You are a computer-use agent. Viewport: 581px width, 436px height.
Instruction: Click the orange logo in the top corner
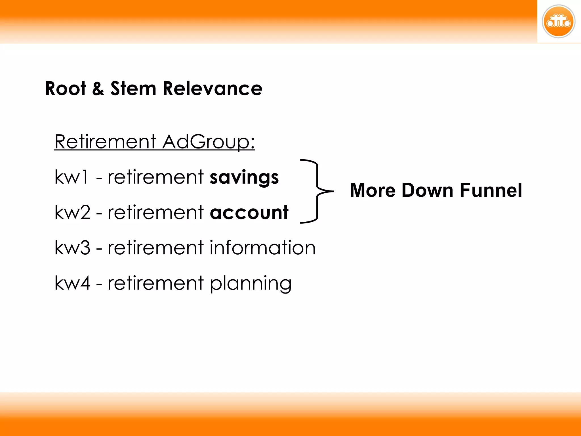pyautogui.click(x=558, y=22)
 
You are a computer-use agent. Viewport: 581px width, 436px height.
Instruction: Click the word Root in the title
pyautogui.click(x=66, y=89)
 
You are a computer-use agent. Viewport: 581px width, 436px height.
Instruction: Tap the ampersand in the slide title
pyautogui.click(x=98, y=89)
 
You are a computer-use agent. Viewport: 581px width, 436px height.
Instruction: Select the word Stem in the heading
pyautogui.click(x=133, y=89)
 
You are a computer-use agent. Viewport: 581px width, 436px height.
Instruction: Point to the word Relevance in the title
pyautogui.click(x=212, y=89)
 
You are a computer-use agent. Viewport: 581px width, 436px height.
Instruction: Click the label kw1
pyautogui.click(x=71, y=177)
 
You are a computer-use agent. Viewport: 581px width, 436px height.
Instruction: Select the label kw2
pyautogui.click(x=72, y=212)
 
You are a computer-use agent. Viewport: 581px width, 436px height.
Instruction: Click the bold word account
pyautogui.click(x=249, y=212)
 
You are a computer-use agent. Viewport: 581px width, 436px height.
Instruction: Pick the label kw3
pyautogui.click(x=72, y=248)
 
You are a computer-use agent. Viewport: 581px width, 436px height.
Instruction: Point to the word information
pyautogui.click(x=262, y=248)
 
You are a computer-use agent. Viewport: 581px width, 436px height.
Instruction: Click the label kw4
pyautogui.click(x=72, y=283)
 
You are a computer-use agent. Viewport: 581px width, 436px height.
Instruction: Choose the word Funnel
pyautogui.click(x=491, y=190)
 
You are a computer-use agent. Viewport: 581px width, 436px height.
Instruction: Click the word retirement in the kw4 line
pyautogui.click(x=155, y=283)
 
